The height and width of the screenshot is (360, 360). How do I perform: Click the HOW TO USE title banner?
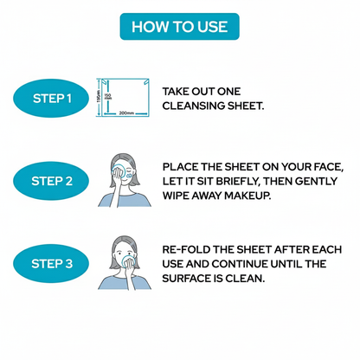coord(179,27)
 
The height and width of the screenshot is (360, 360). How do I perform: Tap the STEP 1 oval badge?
coord(51,99)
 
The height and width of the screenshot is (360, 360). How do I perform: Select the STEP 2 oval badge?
coord(51,181)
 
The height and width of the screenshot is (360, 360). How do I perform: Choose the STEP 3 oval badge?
coord(51,264)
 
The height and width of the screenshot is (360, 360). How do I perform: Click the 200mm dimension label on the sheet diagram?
coord(126,113)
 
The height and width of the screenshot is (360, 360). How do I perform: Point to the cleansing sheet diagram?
coord(123,98)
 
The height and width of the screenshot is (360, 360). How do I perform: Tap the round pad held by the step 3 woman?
coord(127,260)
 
